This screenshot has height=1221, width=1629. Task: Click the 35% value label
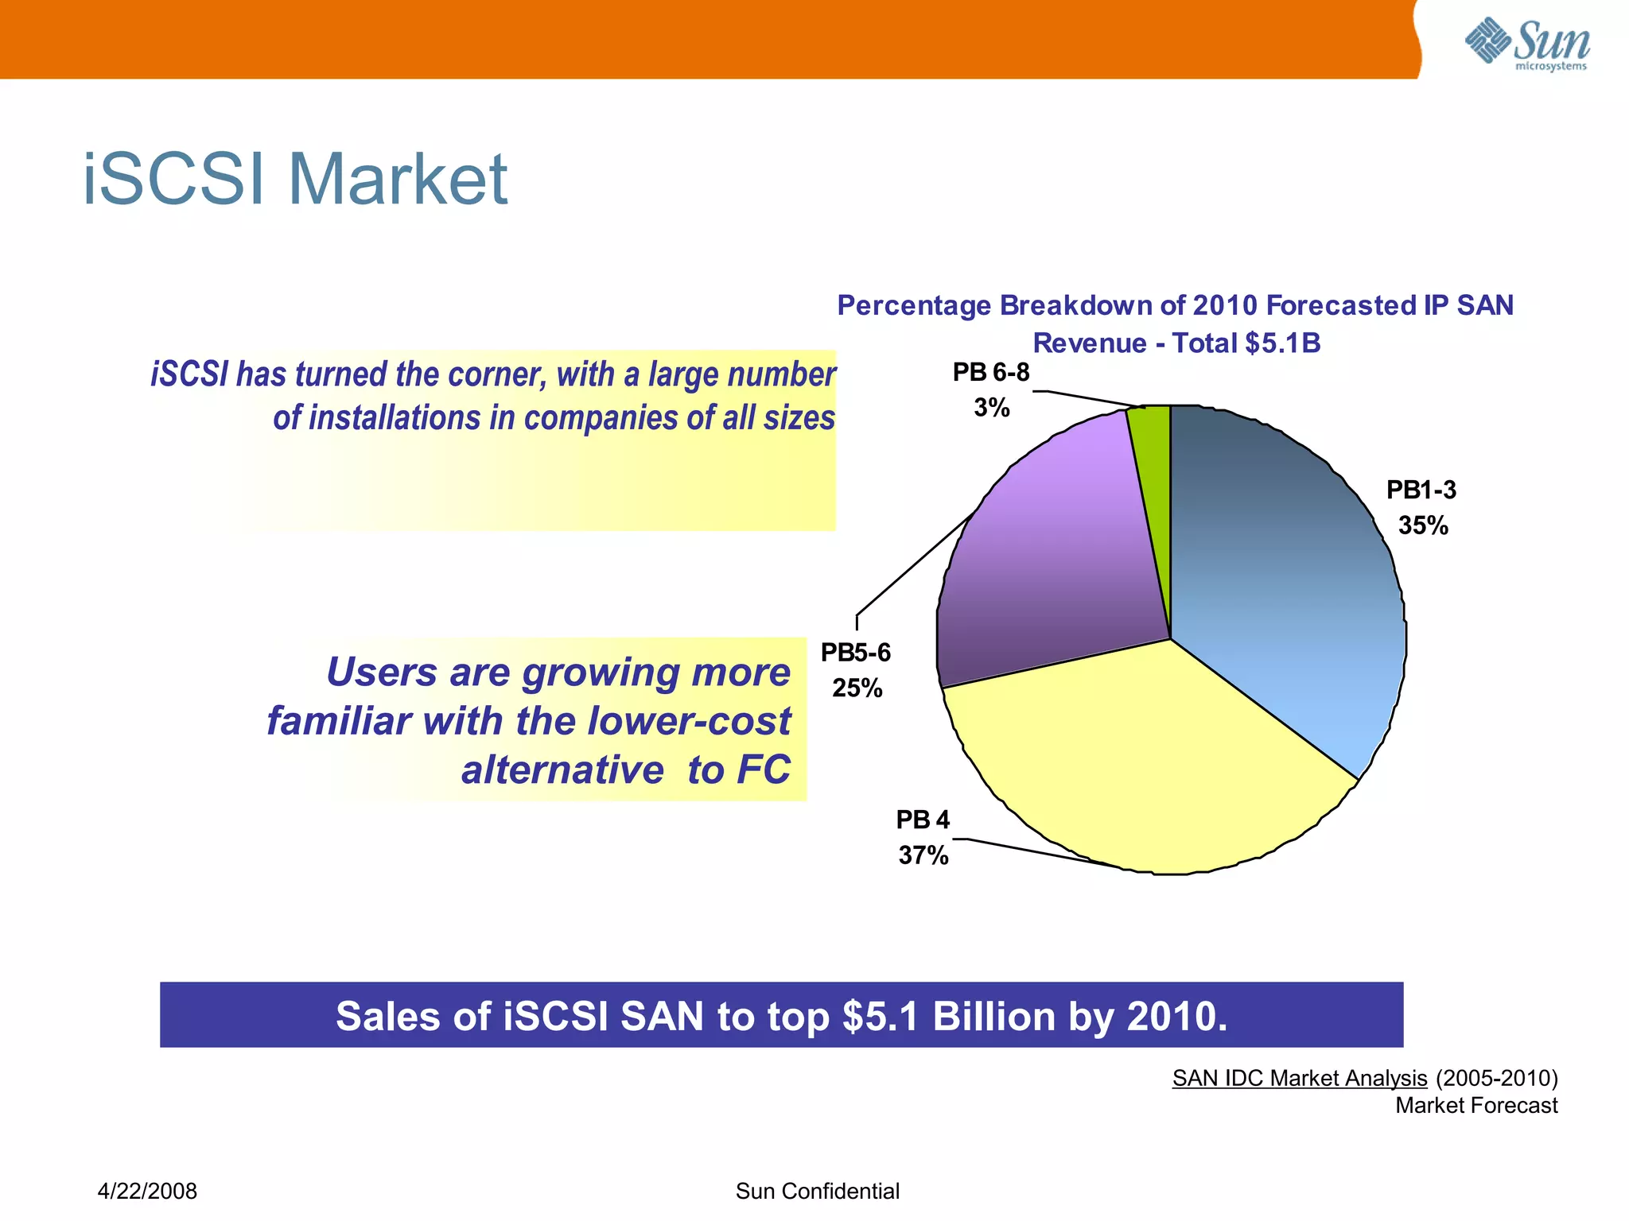click(1423, 526)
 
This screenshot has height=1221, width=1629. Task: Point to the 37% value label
click(923, 856)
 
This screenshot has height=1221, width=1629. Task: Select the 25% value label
click(857, 688)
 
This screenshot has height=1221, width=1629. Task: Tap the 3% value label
click(991, 408)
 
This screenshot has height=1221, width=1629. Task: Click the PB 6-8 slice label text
click(991, 372)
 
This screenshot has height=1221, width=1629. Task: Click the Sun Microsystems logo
click(1527, 45)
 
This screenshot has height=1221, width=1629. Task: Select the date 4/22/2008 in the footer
click(147, 1191)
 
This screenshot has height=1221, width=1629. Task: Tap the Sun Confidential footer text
click(817, 1191)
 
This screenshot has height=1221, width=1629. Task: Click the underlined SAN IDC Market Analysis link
click(1299, 1078)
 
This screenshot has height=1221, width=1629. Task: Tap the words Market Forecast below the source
click(1475, 1106)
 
